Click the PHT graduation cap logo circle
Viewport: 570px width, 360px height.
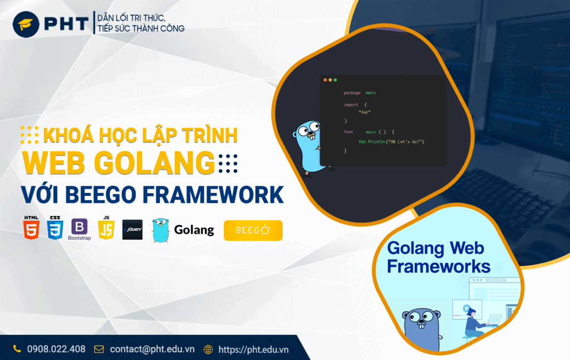pyautogui.click(x=26, y=24)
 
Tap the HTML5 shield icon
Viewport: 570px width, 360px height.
pyautogui.click(x=31, y=228)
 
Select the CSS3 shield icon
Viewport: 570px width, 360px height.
pyautogui.click(x=55, y=228)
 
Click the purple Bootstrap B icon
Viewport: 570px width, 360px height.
pyautogui.click(x=79, y=226)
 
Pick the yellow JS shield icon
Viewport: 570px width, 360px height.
pyautogui.click(x=106, y=228)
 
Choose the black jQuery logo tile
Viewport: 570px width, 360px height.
pyautogui.click(x=132, y=230)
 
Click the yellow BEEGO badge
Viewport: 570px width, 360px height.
pyautogui.click(x=253, y=230)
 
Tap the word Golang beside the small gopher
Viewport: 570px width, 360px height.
pyautogui.click(x=194, y=230)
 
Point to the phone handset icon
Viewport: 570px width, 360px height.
pyautogui.click(x=17, y=349)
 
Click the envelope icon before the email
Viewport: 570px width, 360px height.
pyautogui.click(x=99, y=349)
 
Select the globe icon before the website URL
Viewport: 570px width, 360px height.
pyautogui.click(x=208, y=349)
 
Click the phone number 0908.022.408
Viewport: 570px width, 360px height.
pyautogui.click(x=56, y=349)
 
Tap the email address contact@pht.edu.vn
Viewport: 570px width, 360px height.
pyautogui.click(x=153, y=349)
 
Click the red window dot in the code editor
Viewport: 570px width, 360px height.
pyautogui.click(x=325, y=80)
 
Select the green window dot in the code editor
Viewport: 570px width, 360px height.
pyautogui.click(x=335, y=80)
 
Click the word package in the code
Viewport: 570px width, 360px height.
pyautogui.click(x=352, y=93)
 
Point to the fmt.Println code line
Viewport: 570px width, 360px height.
pyautogui.click(x=391, y=142)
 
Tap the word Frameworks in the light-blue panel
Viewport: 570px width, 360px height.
pyautogui.click(x=439, y=267)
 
